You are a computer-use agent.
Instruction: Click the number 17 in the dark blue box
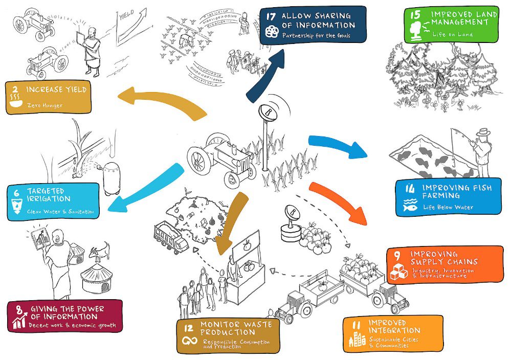pos(272,16)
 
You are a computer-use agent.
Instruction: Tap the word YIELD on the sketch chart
pos(127,16)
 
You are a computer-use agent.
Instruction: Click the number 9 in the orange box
pos(397,254)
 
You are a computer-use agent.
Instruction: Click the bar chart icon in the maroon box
pos(19,322)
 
